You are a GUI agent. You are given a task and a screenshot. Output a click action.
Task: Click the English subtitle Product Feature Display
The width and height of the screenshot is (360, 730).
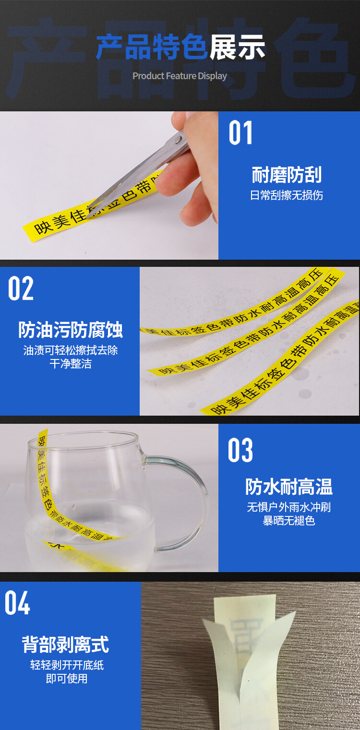(x=180, y=76)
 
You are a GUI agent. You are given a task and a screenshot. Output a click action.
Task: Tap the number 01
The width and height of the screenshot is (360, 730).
(x=240, y=133)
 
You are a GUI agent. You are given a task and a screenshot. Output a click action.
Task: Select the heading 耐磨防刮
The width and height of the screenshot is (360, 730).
(x=287, y=175)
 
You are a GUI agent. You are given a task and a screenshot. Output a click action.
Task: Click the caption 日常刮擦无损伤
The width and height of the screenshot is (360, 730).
(x=287, y=195)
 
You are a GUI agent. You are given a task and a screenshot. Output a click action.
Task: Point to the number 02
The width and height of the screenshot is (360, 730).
(x=21, y=289)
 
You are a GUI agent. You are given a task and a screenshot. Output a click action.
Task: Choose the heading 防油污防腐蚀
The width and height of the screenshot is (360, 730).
(x=71, y=330)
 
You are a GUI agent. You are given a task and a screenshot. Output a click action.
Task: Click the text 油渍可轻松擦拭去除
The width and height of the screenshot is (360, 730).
(x=71, y=350)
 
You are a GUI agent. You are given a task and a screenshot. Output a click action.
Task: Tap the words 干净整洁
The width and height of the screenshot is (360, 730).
(x=71, y=364)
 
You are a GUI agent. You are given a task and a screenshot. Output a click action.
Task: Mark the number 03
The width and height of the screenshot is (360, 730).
(x=240, y=451)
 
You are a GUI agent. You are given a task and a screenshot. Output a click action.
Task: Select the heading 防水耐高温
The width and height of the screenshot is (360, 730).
(x=289, y=487)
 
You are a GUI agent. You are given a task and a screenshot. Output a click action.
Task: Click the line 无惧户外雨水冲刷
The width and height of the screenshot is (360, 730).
(x=289, y=507)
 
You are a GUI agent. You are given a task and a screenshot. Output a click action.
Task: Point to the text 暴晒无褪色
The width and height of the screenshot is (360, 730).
(x=289, y=521)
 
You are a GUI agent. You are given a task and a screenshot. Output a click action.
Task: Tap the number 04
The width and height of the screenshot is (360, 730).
(x=18, y=603)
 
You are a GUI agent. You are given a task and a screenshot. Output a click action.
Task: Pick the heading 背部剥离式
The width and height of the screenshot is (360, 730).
(x=65, y=644)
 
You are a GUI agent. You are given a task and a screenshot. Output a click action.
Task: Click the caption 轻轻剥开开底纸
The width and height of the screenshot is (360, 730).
(x=67, y=665)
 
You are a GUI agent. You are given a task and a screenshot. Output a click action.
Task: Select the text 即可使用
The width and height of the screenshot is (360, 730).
(x=67, y=679)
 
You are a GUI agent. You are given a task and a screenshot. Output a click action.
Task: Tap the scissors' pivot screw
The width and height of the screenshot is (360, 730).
(x=178, y=139)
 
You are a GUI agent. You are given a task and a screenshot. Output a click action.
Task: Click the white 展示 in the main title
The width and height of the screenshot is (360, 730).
(x=237, y=48)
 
